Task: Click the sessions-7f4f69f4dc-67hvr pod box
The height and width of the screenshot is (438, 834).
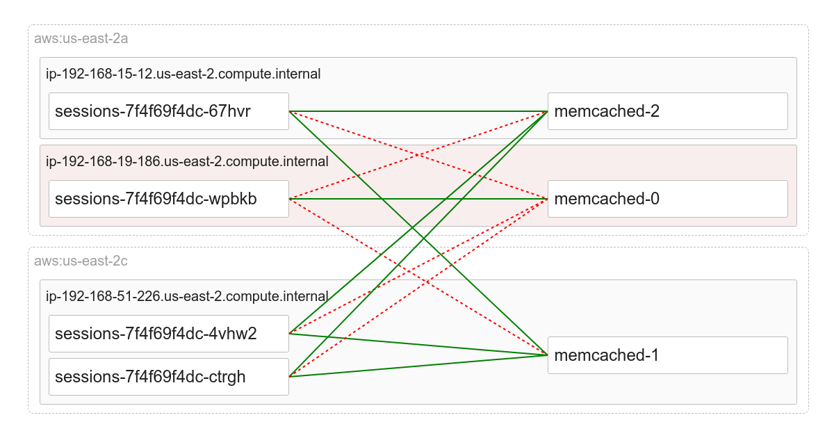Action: click(168, 111)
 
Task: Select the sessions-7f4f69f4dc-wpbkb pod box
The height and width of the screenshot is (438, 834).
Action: click(168, 199)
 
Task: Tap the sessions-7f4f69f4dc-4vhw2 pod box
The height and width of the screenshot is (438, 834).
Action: click(168, 334)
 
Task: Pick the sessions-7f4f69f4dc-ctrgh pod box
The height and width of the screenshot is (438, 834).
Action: click(168, 377)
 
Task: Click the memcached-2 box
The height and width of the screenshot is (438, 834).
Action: click(667, 111)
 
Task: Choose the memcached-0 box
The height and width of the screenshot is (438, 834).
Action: click(667, 199)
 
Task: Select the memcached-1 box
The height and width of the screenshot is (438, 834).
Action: click(667, 355)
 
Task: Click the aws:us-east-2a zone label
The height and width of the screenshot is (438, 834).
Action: click(81, 38)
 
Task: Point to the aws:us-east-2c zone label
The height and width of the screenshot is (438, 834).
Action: click(81, 261)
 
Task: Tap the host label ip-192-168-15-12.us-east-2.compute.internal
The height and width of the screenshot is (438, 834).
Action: click(183, 74)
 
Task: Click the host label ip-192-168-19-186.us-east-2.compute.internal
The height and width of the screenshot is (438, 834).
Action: click(187, 161)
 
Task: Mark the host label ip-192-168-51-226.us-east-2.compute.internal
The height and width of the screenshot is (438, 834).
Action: click(187, 296)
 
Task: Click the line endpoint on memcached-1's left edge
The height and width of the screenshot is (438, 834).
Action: click(548, 355)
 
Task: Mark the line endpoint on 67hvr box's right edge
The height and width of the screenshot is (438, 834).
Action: click(289, 111)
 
